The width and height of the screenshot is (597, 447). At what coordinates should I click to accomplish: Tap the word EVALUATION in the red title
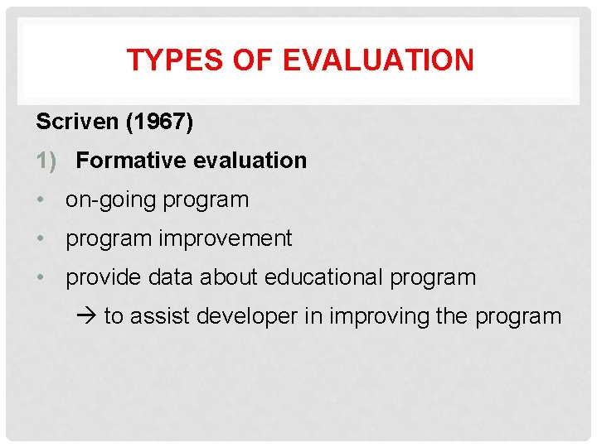pos(378,60)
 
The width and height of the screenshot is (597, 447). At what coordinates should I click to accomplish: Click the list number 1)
pos(46,161)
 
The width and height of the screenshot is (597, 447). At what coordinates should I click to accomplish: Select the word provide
pos(104,278)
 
